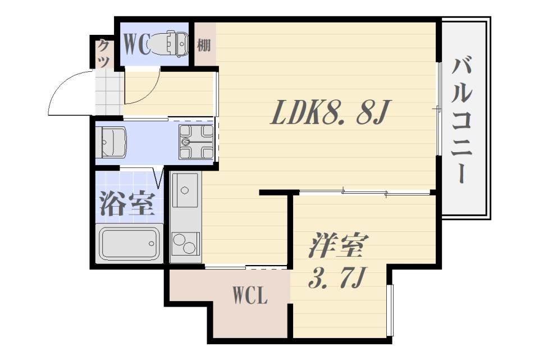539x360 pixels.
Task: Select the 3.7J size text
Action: pos(337,277)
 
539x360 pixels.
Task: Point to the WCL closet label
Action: pos(250,296)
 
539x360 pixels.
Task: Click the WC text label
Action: pos(137,44)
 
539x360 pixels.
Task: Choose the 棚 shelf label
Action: pos(204,44)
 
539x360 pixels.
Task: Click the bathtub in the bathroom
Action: pos(129,243)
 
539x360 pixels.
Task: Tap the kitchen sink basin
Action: pos(184,190)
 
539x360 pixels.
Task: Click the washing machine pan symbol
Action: pos(196,141)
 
